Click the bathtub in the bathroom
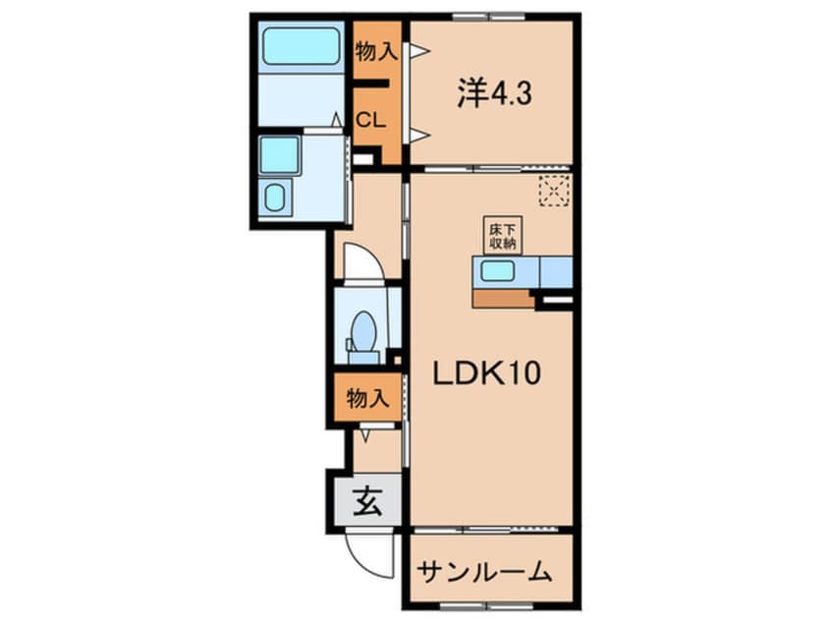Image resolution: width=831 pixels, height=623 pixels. click(x=301, y=45)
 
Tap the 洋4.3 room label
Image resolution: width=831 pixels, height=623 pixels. click(x=493, y=93)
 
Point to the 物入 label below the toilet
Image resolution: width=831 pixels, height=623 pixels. click(x=367, y=398)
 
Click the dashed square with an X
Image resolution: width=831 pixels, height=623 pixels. click(x=554, y=191)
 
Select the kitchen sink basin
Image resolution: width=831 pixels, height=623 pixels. click(x=497, y=271)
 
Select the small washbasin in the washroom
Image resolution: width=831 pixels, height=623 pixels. click(x=276, y=198)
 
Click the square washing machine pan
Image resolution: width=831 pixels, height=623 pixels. click(x=279, y=155)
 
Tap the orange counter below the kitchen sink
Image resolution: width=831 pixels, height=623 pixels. click(x=503, y=298)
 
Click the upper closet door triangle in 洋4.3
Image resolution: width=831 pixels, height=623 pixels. click(x=418, y=50)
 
